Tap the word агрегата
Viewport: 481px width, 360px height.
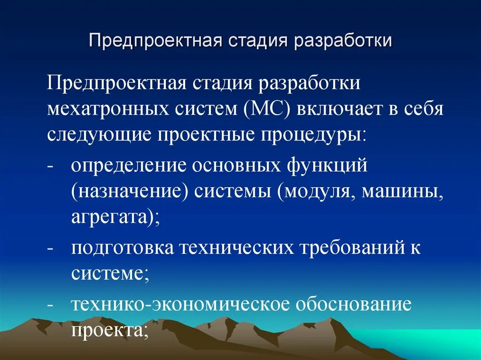[115, 217]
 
